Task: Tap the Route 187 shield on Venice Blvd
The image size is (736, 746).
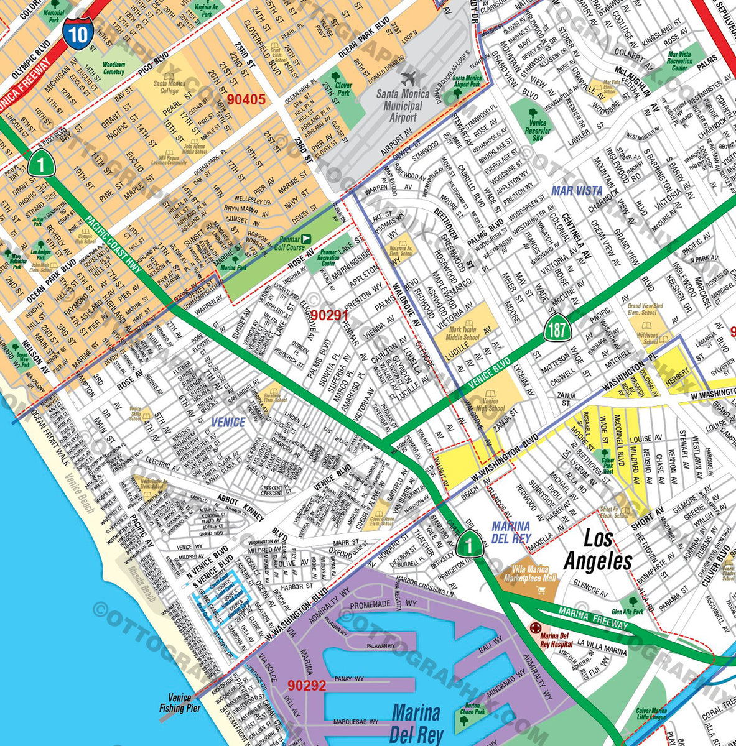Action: click(x=555, y=329)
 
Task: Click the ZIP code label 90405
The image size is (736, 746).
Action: click(x=246, y=99)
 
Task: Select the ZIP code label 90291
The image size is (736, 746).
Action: click(x=330, y=315)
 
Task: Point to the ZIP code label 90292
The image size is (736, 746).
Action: click(x=307, y=686)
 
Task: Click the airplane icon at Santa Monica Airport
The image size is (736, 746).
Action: click(x=409, y=79)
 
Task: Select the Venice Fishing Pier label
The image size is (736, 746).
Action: click(x=180, y=703)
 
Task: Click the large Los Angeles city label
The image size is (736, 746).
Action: click(x=597, y=550)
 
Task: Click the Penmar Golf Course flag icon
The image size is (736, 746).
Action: click(x=305, y=239)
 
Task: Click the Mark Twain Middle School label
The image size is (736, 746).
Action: click(x=464, y=333)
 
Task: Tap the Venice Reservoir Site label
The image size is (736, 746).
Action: click(x=538, y=131)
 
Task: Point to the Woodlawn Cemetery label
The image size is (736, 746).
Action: click(x=113, y=68)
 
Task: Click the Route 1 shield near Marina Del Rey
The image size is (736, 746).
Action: click(x=469, y=546)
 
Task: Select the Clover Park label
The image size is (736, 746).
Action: click(x=343, y=90)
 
